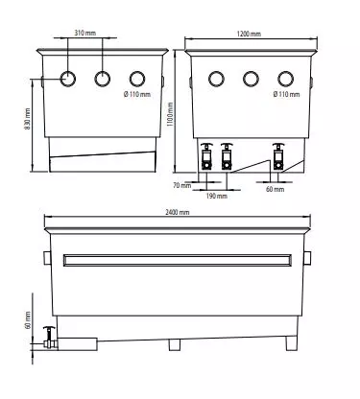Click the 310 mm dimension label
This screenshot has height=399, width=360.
coord(84,33)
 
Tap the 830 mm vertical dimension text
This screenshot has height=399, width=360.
coord(27,120)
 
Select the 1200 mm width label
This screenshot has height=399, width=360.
coord(249,34)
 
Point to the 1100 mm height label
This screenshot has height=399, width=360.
coord(170,114)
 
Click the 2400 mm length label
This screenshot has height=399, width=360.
coord(177,212)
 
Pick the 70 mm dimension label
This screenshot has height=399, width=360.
coord(182,185)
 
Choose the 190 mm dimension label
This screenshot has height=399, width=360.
coord(217,196)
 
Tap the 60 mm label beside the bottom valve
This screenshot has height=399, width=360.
coord(28,320)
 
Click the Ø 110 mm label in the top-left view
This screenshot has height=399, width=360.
coord(137,94)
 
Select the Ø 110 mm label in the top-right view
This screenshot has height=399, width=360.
coord(287,94)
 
